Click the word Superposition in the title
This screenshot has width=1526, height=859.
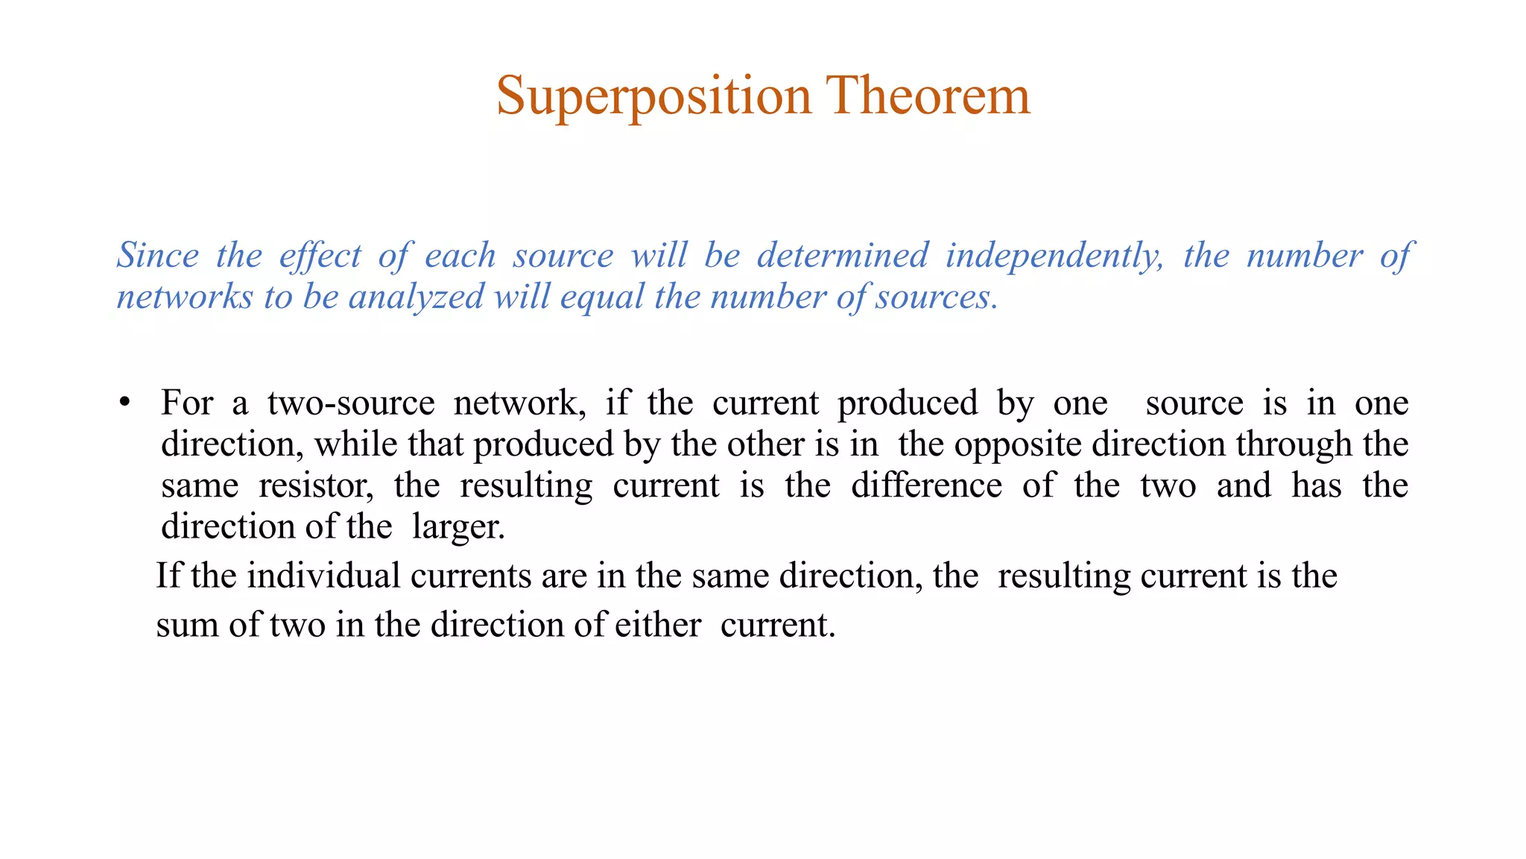click(653, 97)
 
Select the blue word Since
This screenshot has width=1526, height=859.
click(158, 256)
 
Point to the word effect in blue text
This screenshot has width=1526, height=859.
click(320, 256)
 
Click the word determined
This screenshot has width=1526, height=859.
click(843, 256)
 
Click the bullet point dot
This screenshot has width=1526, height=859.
click(124, 403)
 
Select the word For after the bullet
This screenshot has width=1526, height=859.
click(187, 403)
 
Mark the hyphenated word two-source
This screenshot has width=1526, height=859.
click(351, 403)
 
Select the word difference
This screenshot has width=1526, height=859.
click(926, 486)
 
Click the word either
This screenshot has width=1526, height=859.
click(658, 626)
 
